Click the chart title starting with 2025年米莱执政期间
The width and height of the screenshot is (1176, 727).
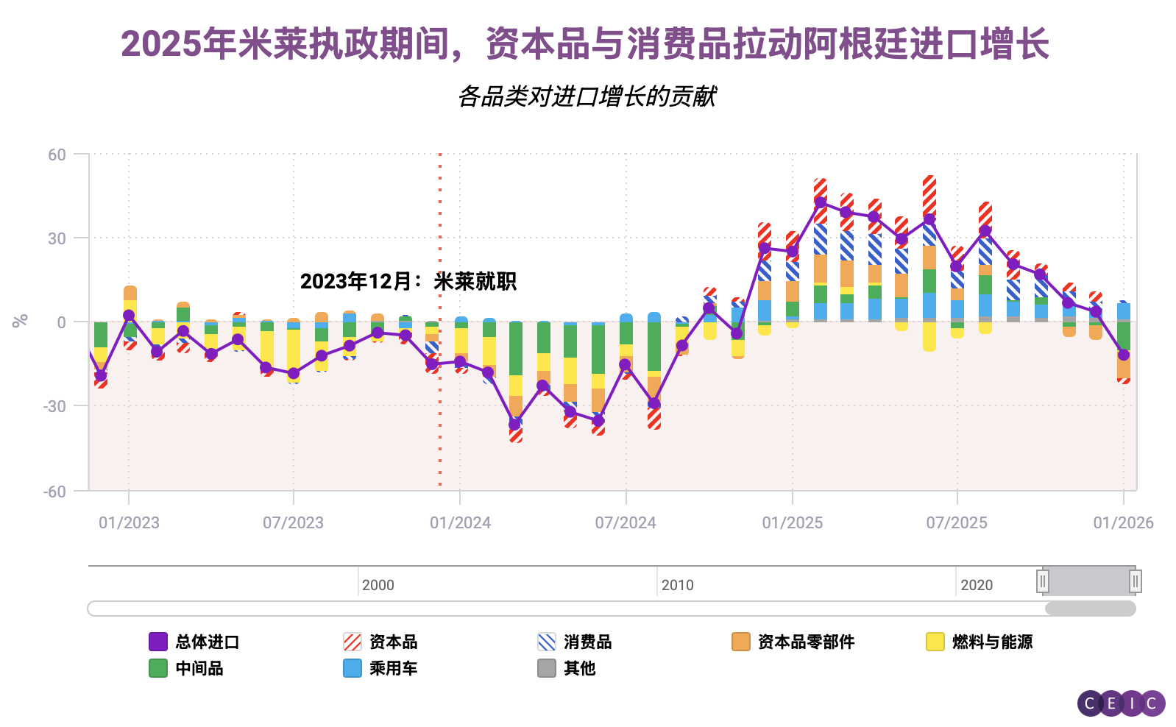[x=585, y=44]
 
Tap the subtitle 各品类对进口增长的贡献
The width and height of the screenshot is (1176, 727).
[x=587, y=96]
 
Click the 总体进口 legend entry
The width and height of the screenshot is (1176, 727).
[x=194, y=642]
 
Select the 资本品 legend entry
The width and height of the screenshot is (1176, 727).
[x=380, y=642]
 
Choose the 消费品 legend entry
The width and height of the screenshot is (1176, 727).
[x=575, y=642]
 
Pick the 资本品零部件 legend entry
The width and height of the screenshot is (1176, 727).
[x=793, y=642]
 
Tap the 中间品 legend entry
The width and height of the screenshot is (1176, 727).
[x=186, y=668]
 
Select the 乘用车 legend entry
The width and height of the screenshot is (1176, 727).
[x=380, y=668]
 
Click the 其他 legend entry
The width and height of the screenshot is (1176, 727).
[x=567, y=668]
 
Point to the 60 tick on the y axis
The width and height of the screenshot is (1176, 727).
[x=57, y=155]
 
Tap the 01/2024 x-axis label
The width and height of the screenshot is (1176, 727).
[x=460, y=522]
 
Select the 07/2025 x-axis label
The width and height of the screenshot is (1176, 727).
[x=957, y=522]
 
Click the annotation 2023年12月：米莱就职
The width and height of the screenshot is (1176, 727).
[x=408, y=281]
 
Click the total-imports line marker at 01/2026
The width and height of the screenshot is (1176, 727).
[x=1123, y=355]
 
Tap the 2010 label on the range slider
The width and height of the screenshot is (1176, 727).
[x=677, y=585]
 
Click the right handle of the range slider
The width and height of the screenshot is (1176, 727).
[x=1136, y=581]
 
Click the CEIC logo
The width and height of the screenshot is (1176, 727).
[x=1122, y=703]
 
